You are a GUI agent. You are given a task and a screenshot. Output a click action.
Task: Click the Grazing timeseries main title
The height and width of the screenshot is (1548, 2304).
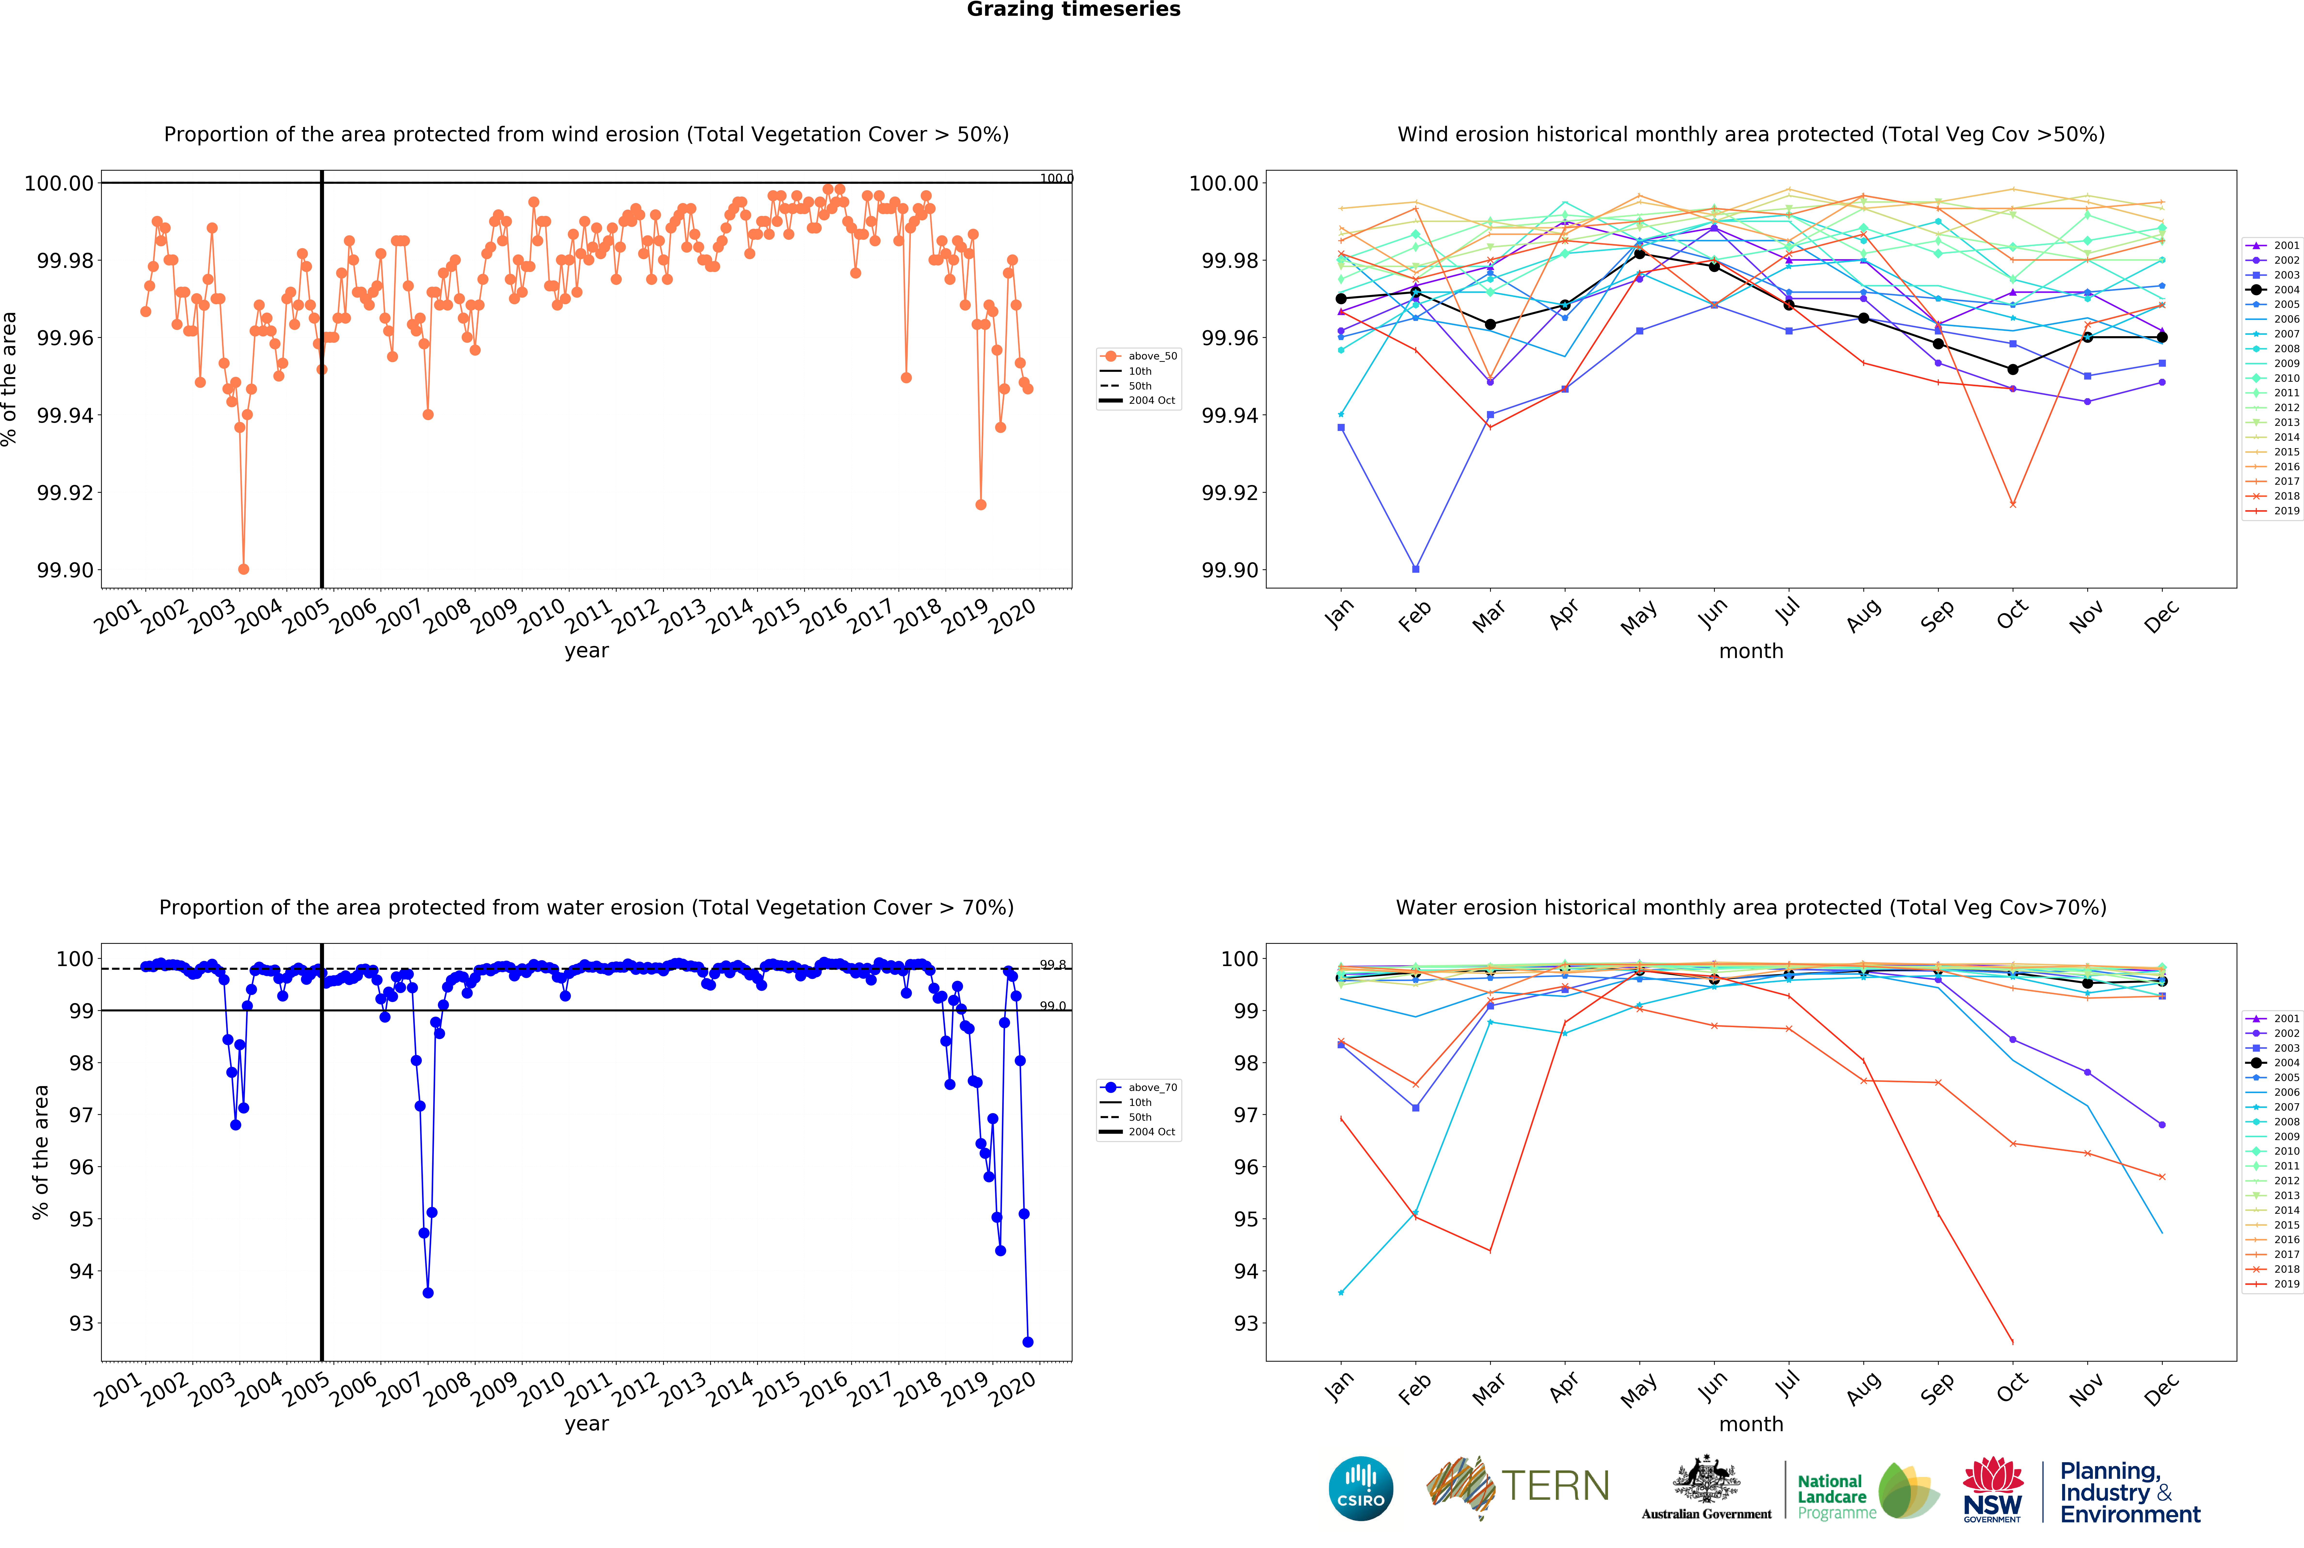coord(1073,10)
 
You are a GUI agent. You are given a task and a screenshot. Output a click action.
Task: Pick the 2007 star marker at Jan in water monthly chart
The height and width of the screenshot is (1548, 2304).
coord(1341,1292)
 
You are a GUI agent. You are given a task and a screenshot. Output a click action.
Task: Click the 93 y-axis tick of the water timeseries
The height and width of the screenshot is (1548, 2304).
coord(81,1323)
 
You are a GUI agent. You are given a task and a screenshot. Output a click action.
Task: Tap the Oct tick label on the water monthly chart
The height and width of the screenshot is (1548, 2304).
coord(2012,1387)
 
